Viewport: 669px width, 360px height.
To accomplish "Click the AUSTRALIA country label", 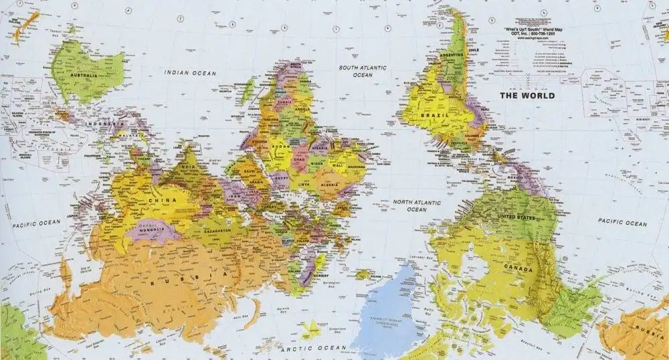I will click(84, 76).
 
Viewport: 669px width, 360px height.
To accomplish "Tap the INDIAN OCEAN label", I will click(191, 72).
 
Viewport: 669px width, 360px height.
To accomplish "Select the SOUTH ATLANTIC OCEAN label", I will click(363, 72).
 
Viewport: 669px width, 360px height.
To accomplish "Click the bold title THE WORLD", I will click(527, 96).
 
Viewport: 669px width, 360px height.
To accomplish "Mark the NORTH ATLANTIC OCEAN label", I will click(416, 205).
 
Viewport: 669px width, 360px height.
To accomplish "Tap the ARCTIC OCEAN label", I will click(313, 349).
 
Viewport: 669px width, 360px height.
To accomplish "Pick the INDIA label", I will click(189, 167).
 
